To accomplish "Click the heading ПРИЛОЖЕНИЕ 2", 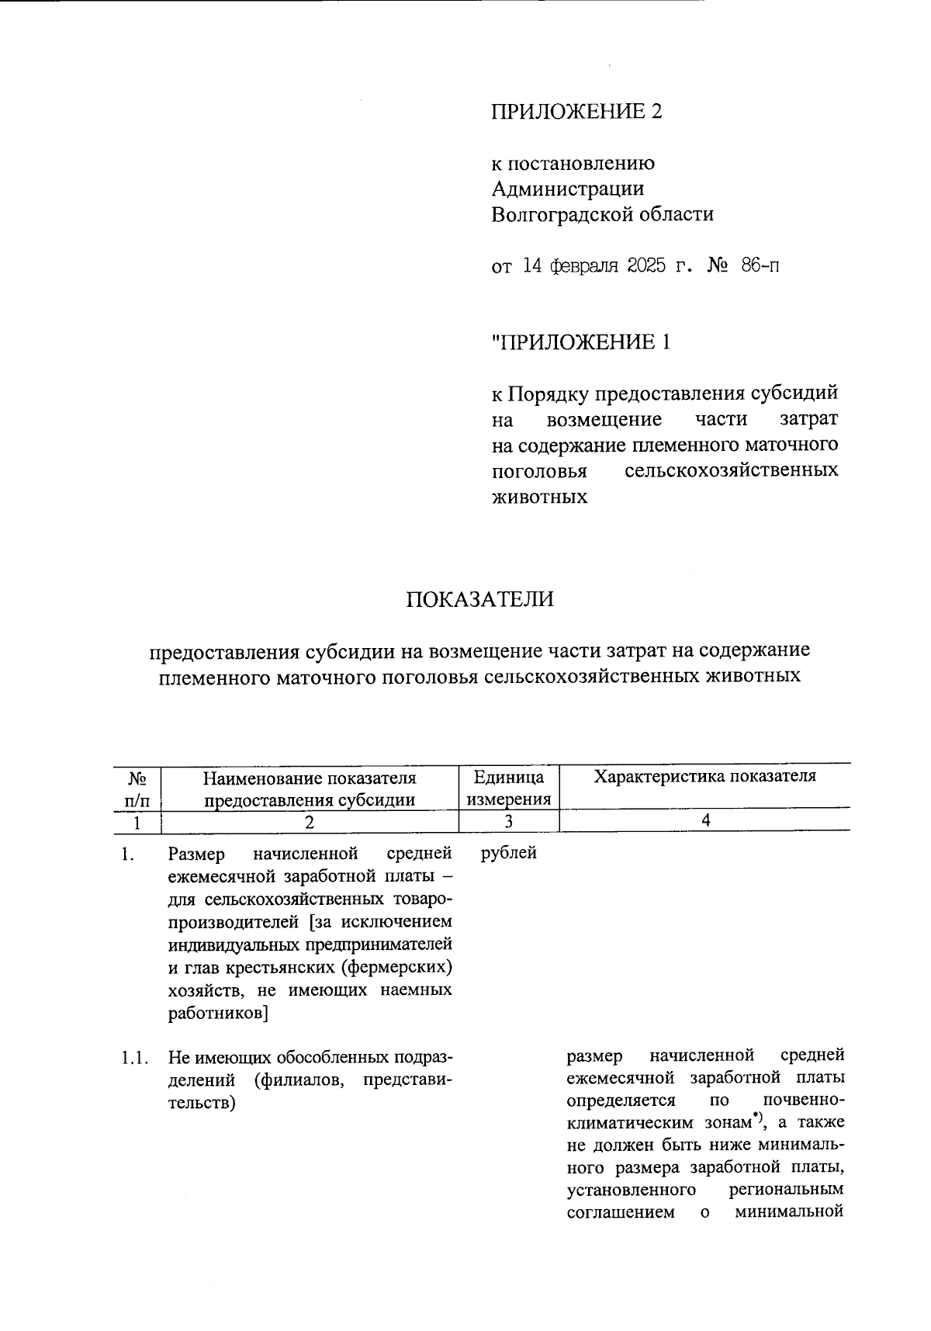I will pos(576,112).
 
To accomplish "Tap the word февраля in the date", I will pos(583,266).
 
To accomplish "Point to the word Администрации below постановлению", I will pos(567,189).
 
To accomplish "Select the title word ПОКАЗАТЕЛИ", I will pos(479,600).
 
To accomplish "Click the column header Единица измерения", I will pos(509,788).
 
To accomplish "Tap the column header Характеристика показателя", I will pos(704,777).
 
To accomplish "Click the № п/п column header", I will pos(137,788).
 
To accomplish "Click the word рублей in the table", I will pos(508,854).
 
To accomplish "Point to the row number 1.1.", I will pos(133,1057).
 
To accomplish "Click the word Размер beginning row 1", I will pos(196,854).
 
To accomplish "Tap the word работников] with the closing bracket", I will pos(218,1013).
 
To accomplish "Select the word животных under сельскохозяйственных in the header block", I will pos(540,497).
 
